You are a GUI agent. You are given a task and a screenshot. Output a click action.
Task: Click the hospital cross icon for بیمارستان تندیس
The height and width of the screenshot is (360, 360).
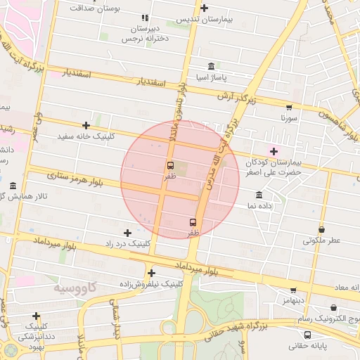[x=204, y=8]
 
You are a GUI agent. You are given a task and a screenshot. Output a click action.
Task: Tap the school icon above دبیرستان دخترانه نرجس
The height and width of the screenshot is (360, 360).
[x=145, y=18]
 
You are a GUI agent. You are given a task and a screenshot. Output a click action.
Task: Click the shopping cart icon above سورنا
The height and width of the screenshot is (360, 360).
[x=289, y=108]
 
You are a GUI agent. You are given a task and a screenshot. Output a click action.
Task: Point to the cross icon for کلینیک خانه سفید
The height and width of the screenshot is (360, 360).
[x=86, y=125]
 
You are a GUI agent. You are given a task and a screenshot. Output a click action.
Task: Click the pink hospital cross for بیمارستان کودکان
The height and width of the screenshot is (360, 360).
[x=274, y=151]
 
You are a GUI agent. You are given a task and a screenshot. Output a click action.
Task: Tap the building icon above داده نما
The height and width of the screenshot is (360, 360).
[x=259, y=195]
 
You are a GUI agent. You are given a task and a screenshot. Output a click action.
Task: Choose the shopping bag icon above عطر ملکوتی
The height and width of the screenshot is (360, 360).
[x=321, y=229]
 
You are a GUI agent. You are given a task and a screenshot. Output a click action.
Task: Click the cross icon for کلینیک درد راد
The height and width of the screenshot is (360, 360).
[x=127, y=233]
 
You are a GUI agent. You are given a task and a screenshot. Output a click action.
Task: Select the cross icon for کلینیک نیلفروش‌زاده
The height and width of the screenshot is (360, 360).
[x=151, y=273]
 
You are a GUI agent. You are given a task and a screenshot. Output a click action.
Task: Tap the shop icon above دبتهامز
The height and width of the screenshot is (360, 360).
[x=293, y=290]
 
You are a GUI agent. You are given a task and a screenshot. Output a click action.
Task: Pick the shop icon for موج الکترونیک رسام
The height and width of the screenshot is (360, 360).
[x=333, y=308]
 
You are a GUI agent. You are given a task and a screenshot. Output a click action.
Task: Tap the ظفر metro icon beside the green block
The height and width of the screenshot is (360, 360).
[x=170, y=165]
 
